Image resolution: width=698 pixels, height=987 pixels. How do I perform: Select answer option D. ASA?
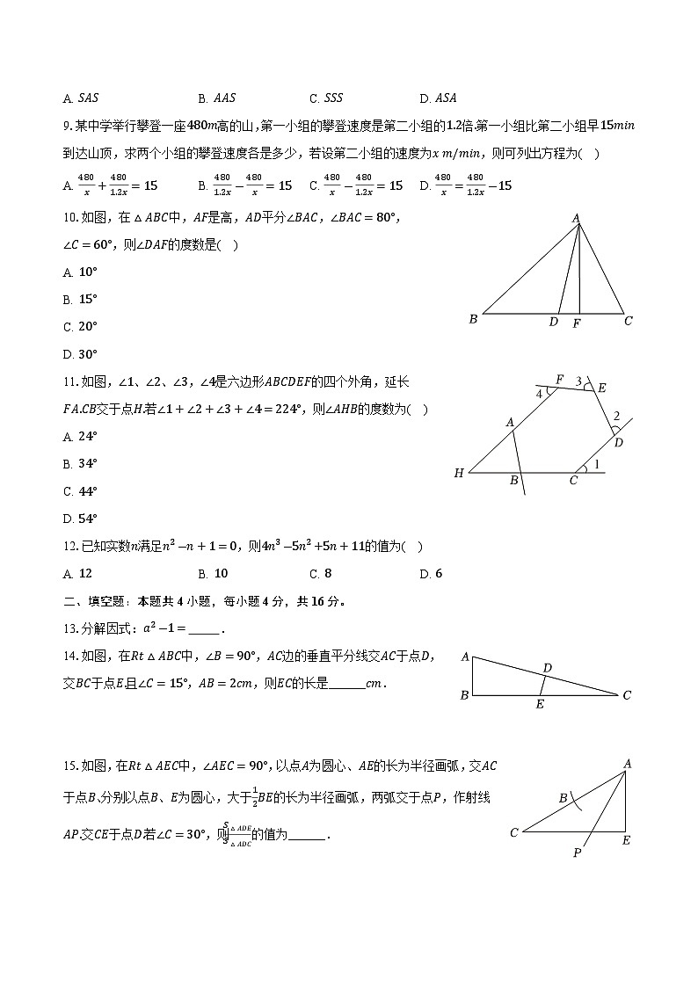[438, 98]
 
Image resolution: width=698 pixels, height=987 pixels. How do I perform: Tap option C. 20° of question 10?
[80, 326]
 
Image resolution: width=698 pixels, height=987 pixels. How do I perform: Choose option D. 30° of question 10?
[80, 354]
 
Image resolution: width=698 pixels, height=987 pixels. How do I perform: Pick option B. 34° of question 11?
[80, 463]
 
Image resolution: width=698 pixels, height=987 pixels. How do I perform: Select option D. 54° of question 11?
[80, 519]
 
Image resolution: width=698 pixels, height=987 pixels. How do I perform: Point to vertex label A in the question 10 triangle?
[577, 217]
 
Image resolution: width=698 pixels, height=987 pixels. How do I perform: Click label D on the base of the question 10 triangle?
[553, 323]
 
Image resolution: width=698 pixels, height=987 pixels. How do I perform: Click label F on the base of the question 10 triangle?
[577, 323]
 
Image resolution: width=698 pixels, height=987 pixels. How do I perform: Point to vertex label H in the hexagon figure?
[459, 474]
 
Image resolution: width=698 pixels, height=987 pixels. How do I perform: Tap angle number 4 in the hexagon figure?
[539, 394]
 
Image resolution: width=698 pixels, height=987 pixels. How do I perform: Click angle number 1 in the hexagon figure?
[599, 466]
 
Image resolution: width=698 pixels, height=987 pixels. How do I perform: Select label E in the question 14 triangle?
[540, 704]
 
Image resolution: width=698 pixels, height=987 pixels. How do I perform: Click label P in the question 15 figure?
[578, 853]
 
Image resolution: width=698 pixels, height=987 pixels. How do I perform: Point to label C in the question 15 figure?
[514, 832]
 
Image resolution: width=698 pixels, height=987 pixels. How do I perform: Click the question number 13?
[70, 628]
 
